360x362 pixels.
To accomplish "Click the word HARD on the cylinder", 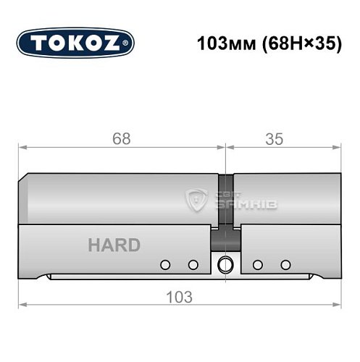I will click(x=114, y=245).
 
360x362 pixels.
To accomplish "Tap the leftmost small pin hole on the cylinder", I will click(x=166, y=264).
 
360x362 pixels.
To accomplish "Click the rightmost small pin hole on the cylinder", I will click(x=285, y=264).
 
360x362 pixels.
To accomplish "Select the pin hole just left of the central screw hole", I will click(x=193, y=264).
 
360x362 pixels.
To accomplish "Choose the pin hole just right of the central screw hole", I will click(x=257, y=264).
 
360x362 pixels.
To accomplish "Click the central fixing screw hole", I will click(x=225, y=263).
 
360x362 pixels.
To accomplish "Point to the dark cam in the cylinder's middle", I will click(x=227, y=237).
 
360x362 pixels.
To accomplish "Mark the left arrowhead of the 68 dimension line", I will click(x=22, y=148).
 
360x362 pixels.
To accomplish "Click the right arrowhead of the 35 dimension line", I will click(x=338, y=148).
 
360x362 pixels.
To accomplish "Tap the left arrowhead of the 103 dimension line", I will click(x=22, y=305).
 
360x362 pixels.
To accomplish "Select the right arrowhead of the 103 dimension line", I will click(x=338, y=305).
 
